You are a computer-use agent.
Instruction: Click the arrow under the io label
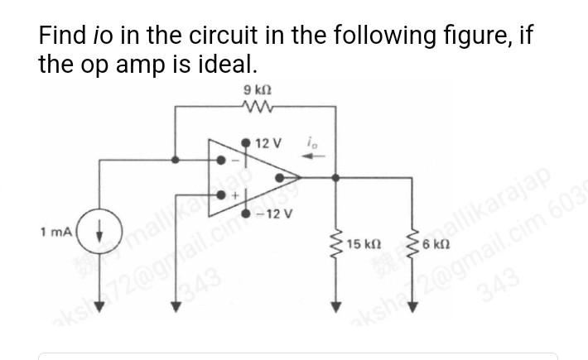(316, 156)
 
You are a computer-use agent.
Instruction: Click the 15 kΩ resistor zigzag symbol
(336, 245)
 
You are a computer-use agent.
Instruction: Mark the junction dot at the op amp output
(335, 176)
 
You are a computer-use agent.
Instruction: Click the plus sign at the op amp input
(234, 196)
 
